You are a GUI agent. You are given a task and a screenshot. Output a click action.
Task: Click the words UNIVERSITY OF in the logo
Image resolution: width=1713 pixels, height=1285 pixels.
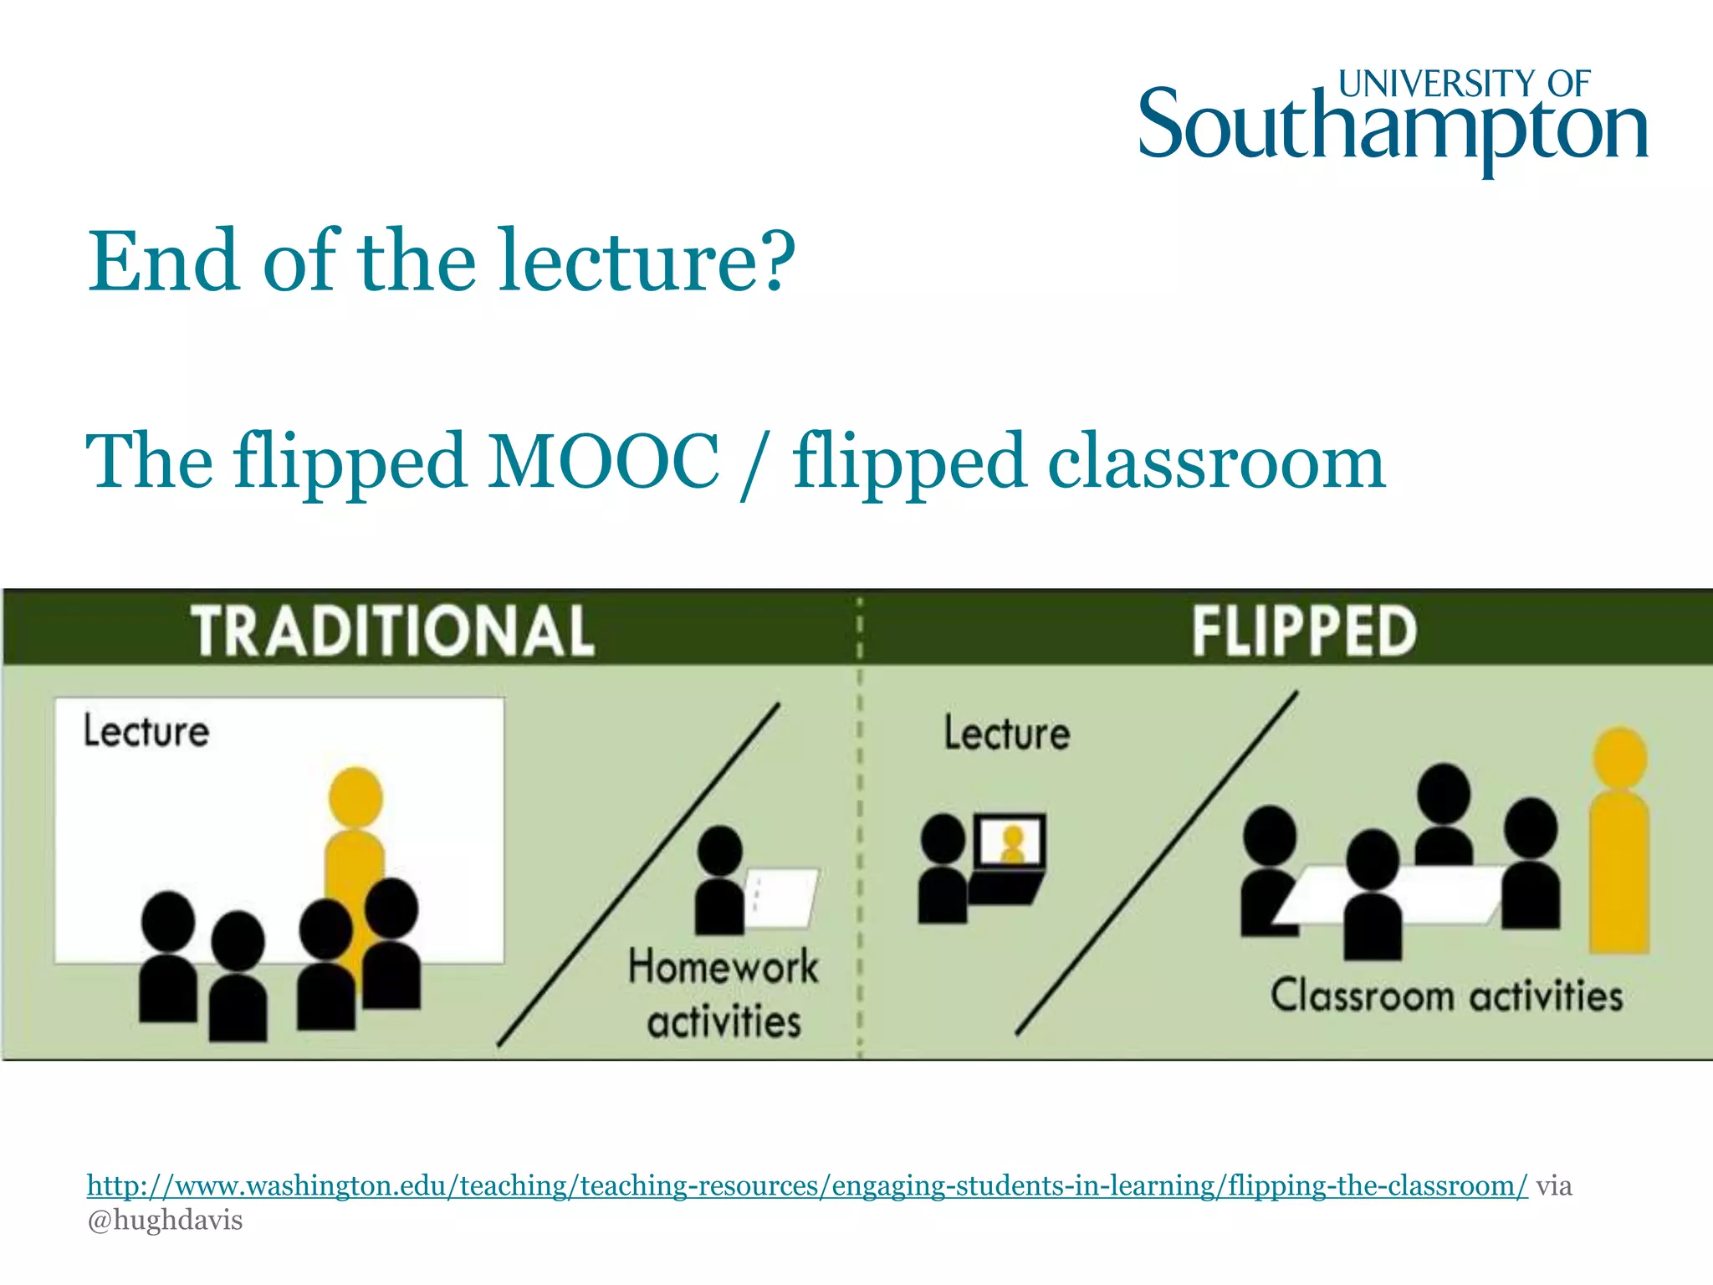tap(1464, 84)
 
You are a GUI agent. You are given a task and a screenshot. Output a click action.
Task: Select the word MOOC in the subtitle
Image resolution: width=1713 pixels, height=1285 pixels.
tap(603, 462)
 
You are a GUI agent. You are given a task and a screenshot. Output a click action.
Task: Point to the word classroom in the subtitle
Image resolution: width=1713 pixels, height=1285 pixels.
tap(1216, 462)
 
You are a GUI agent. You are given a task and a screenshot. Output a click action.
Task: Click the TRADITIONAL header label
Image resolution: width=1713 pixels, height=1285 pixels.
tap(393, 631)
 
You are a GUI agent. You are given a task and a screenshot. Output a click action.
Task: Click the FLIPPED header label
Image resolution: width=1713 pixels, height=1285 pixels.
tap(1303, 631)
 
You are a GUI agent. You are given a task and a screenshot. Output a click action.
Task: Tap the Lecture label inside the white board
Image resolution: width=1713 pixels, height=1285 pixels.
tap(146, 731)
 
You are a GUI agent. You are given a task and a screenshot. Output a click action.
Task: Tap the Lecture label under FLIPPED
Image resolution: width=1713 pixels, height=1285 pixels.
tap(1007, 734)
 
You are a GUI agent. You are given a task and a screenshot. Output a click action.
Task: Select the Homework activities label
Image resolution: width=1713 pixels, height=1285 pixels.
tap(724, 994)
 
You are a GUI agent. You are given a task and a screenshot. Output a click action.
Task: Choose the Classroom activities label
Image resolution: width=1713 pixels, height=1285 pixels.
tap(1446, 996)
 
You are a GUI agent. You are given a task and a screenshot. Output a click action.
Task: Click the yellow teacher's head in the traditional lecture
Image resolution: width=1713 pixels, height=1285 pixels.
tap(355, 796)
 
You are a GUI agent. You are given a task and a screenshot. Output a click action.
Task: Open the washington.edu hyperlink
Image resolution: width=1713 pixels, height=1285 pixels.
tap(806, 1186)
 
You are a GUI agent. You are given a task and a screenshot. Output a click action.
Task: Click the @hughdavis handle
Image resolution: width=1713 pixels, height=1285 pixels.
tap(165, 1221)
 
